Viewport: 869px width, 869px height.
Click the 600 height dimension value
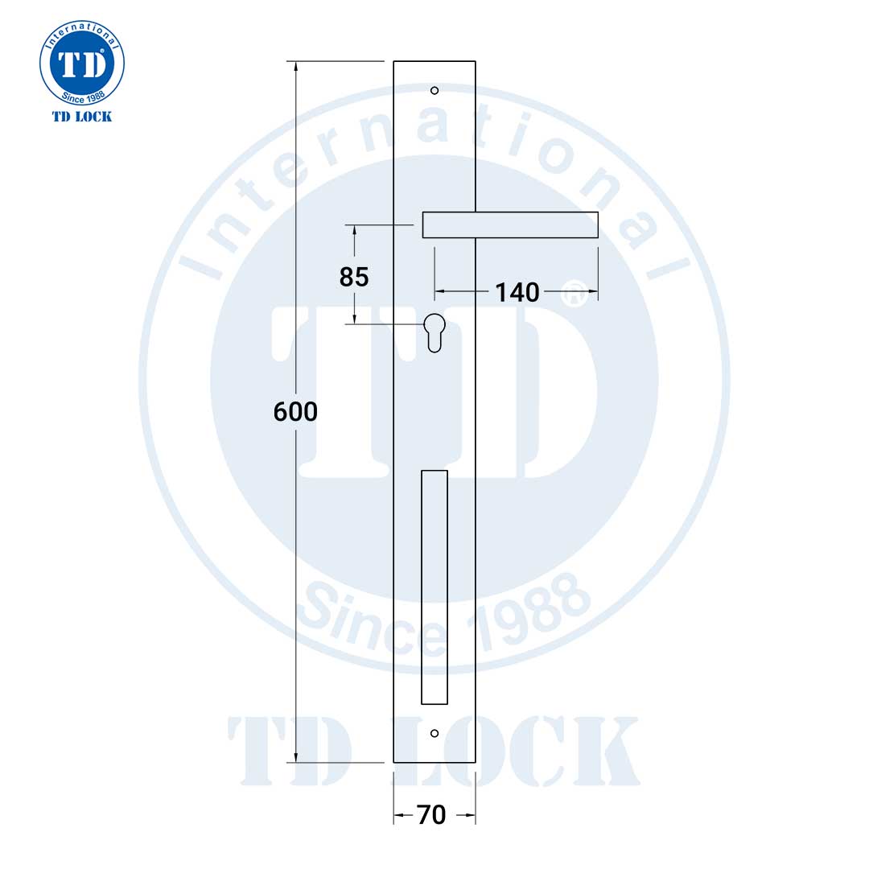(x=295, y=412)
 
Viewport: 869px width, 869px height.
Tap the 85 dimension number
(x=354, y=277)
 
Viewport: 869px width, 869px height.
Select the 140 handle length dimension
(x=517, y=292)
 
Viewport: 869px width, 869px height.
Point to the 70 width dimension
(x=431, y=815)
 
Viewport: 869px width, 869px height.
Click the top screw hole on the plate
(x=434, y=90)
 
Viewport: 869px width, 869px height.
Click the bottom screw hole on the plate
(x=434, y=733)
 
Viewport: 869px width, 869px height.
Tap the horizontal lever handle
(x=510, y=224)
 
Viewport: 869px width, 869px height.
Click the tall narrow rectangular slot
(x=434, y=587)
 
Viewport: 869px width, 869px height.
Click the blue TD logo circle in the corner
(x=82, y=64)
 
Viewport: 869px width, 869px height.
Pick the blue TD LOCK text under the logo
(x=82, y=117)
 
